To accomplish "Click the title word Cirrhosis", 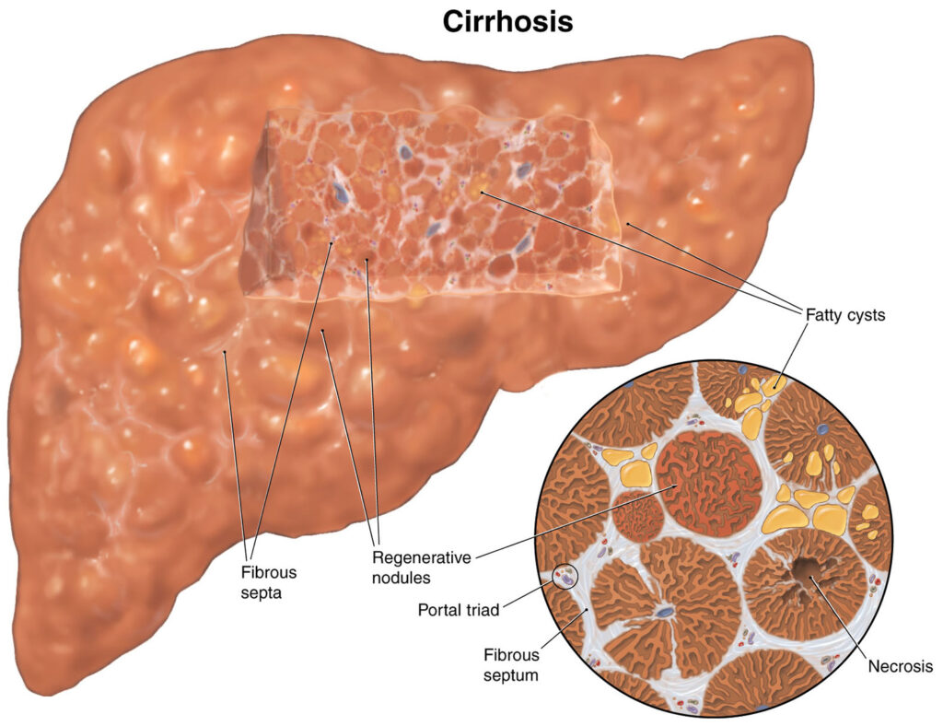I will click(507, 21).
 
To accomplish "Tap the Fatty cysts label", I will click(844, 314).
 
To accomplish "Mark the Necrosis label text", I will click(900, 665).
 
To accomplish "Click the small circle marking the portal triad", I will click(564, 578).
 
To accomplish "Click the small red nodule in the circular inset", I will click(638, 516).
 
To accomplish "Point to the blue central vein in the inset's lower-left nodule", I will click(665, 611).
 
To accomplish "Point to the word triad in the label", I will click(486, 609).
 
